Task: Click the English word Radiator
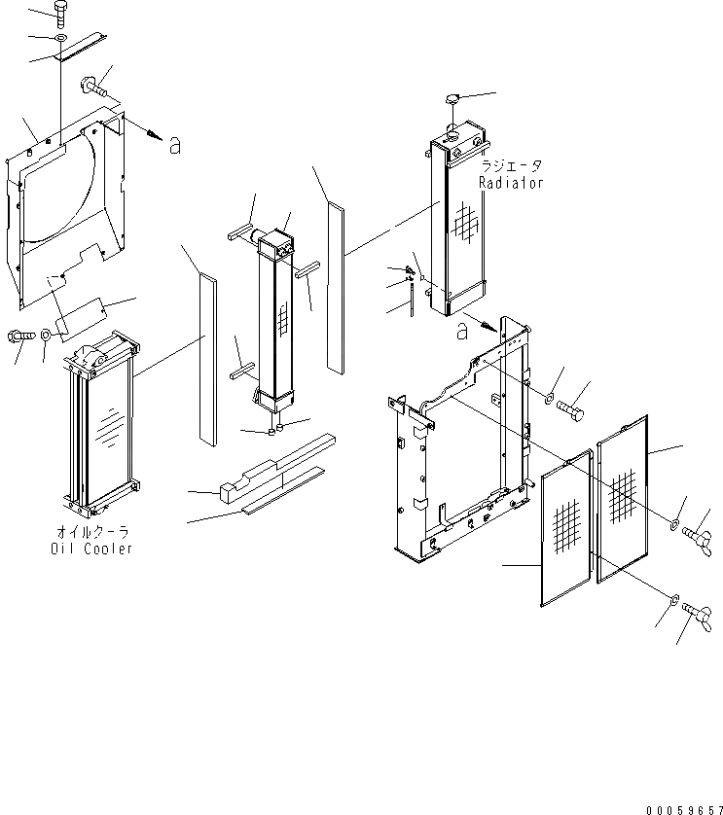(x=511, y=183)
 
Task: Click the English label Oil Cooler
(x=91, y=549)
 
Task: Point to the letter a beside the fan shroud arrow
(x=174, y=146)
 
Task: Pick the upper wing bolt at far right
(x=698, y=533)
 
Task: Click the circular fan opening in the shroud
(x=63, y=190)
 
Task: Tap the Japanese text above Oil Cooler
(x=91, y=533)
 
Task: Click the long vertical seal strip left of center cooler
(x=205, y=360)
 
